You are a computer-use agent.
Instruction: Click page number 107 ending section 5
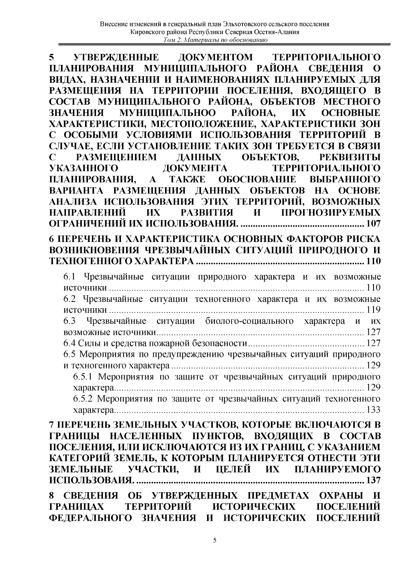click(x=373, y=224)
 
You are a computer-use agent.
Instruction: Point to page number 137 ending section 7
click(x=373, y=480)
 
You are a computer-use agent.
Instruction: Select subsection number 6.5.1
click(x=84, y=377)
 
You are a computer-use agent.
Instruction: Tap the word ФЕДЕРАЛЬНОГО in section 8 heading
click(x=91, y=518)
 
